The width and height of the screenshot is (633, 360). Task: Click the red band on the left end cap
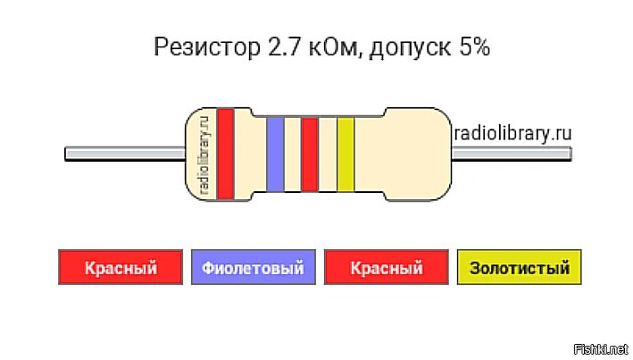[226, 153]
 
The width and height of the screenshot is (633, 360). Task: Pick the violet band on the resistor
[276, 154]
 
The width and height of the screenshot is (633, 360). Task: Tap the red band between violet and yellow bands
[310, 154]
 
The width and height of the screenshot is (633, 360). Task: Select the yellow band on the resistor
[346, 154]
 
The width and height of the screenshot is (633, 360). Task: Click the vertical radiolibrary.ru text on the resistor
[204, 153]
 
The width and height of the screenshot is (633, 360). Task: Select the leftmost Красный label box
[121, 267]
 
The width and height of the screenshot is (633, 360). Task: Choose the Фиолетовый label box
[253, 267]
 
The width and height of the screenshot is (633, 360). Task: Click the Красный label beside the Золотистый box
[386, 267]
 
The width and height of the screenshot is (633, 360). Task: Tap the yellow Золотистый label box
[519, 267]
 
